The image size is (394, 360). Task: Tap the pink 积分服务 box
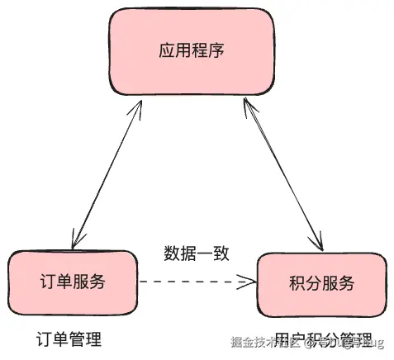[x=321, y=284]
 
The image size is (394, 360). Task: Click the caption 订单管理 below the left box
[x=69, y=339]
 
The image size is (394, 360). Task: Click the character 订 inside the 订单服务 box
[x=46, y=282]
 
